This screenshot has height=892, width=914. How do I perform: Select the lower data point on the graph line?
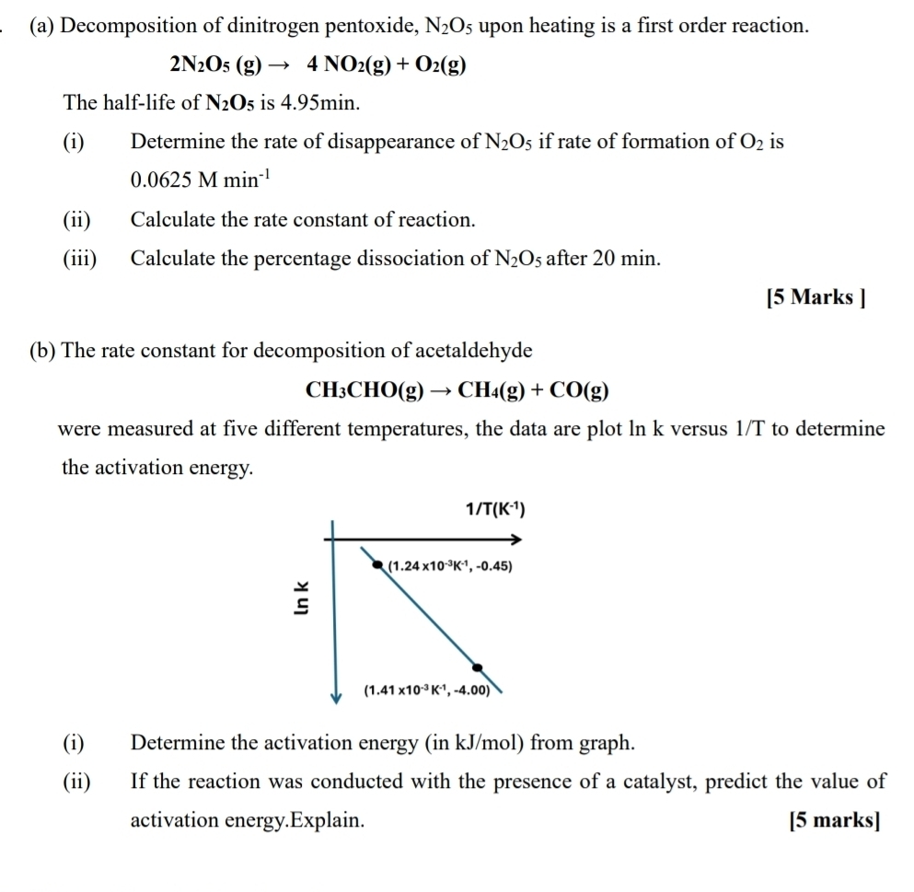[477, 667]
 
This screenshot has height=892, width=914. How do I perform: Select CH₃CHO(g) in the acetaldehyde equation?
[364, 389]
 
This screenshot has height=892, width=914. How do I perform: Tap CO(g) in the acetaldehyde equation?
[579, 389]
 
